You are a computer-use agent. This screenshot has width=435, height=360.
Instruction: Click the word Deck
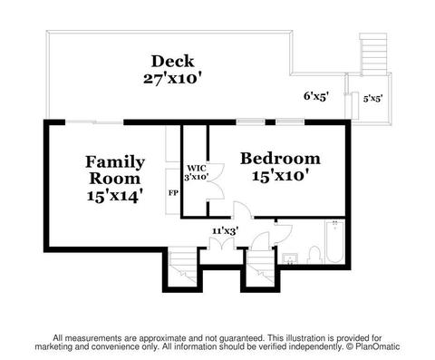pyautogui.click(x=172, y=61)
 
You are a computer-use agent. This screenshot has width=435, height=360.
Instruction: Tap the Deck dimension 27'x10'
pyautogui.click(x=172, y=79)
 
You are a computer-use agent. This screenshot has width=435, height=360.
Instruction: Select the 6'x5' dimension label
pyautogui.click(x=316, y=96)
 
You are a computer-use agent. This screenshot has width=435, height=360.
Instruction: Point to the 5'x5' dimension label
pyautogui.click(x=373, y=99)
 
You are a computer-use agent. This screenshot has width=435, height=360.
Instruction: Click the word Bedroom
pyautogui.click(x=280, y=159)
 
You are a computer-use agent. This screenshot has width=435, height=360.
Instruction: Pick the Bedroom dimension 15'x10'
pyautogui.click(x=281, y=176)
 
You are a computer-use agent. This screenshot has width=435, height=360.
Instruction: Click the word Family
pyautogui.click(x=115, y=162)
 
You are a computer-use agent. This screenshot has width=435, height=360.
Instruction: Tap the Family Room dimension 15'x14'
pyautogui.click(x=115, y=196)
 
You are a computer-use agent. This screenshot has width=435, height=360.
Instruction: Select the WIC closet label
pyautogui.click(x=197, y=168)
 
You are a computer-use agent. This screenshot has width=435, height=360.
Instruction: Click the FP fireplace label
pyautogui.click(x=173, y=193)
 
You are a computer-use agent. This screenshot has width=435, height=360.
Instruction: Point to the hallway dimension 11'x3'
pyautogui.click(x=226, y=231)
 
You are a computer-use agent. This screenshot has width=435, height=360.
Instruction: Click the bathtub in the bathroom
pyautogui.click(x=334, y=242)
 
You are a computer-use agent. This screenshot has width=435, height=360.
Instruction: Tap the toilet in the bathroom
pyautogui.click(x=314, y=255)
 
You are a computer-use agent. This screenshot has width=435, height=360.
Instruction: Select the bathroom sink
pyautogui.click(x=290, y=259)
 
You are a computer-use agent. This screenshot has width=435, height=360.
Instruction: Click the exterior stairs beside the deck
pyautogui.click(x=373, y=54)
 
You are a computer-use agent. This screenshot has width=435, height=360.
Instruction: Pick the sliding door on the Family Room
pyautogui.click(x=94, y=122)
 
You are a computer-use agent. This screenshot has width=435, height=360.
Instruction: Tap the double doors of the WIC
pyautogui.click(x=216, y=181)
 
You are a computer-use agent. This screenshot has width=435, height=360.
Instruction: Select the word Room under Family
pyautogui.click(x=115, y=179)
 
